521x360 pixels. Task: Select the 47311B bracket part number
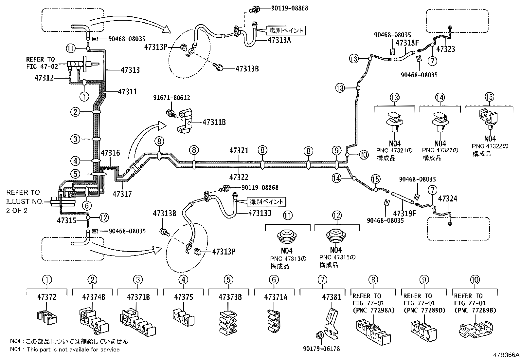(214, 122)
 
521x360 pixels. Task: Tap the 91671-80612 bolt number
(172, 98)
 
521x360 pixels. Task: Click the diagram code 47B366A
(506, 355)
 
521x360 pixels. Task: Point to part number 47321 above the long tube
(239, 151)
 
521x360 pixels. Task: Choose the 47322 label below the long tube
(239, 178)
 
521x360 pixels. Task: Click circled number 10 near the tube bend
(364, 155)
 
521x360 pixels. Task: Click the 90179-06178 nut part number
(324, 349)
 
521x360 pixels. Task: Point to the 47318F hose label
(407, 43)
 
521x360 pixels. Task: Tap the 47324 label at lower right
(447, 199)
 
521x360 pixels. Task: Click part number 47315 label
(67, 220)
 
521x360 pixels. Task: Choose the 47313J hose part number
(260, 213)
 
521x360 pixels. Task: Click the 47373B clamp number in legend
(230, 297)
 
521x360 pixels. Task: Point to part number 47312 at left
(44, 78)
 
